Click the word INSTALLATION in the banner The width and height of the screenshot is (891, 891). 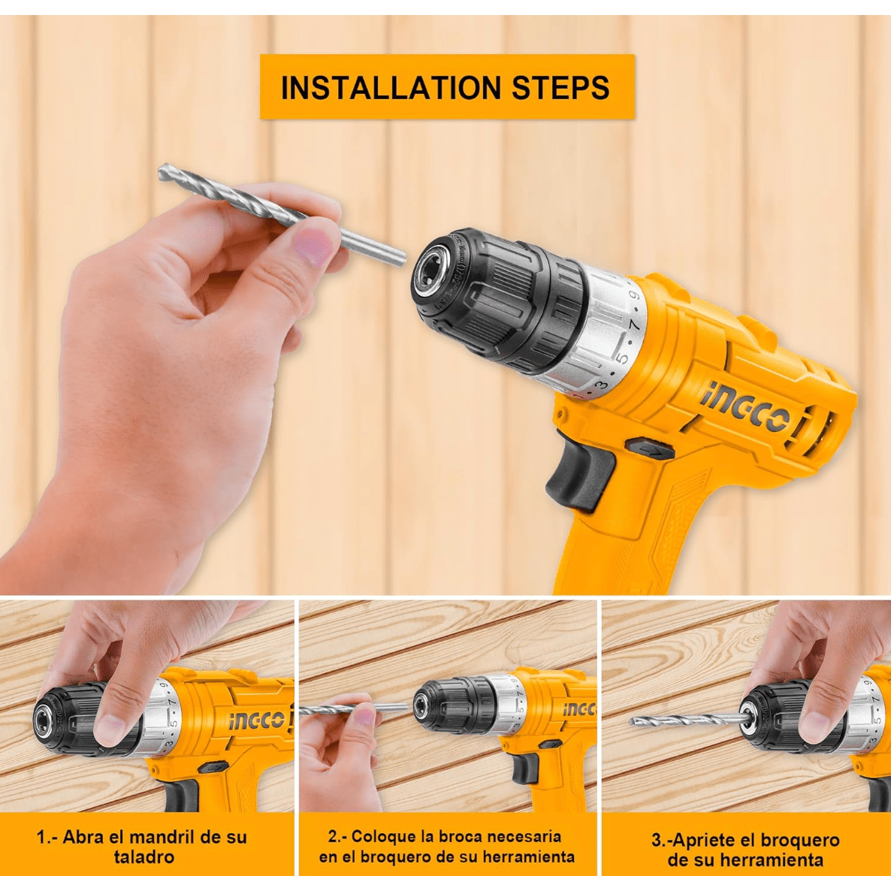coord(391,87)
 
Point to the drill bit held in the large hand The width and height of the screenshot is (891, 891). coord(282,214)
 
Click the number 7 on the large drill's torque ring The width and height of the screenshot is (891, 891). coord(636,325)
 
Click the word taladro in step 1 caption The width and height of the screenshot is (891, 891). coord(143,856)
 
